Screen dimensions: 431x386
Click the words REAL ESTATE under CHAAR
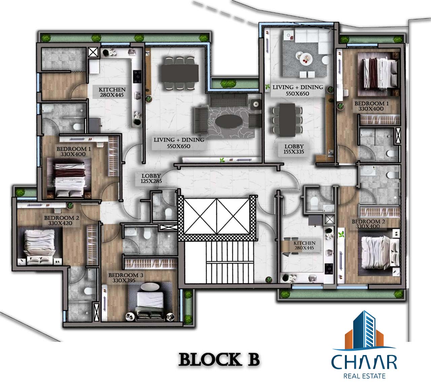[x=364, y=376]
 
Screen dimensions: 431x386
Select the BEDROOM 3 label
[x=126, y=275]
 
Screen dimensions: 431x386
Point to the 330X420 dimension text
[x=60, y=223]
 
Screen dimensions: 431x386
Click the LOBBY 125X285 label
[x=151, y=179]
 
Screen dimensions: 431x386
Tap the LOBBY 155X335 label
[x=294, y=149]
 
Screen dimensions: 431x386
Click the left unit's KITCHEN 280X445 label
[x=112, y=92]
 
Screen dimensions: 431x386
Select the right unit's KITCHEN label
[x=304, y=243]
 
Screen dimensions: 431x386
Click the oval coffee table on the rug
[x=229, y=122]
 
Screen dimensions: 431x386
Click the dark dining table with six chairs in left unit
[x=179, y=74]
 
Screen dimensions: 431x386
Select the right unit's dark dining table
[x=287, y=120]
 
